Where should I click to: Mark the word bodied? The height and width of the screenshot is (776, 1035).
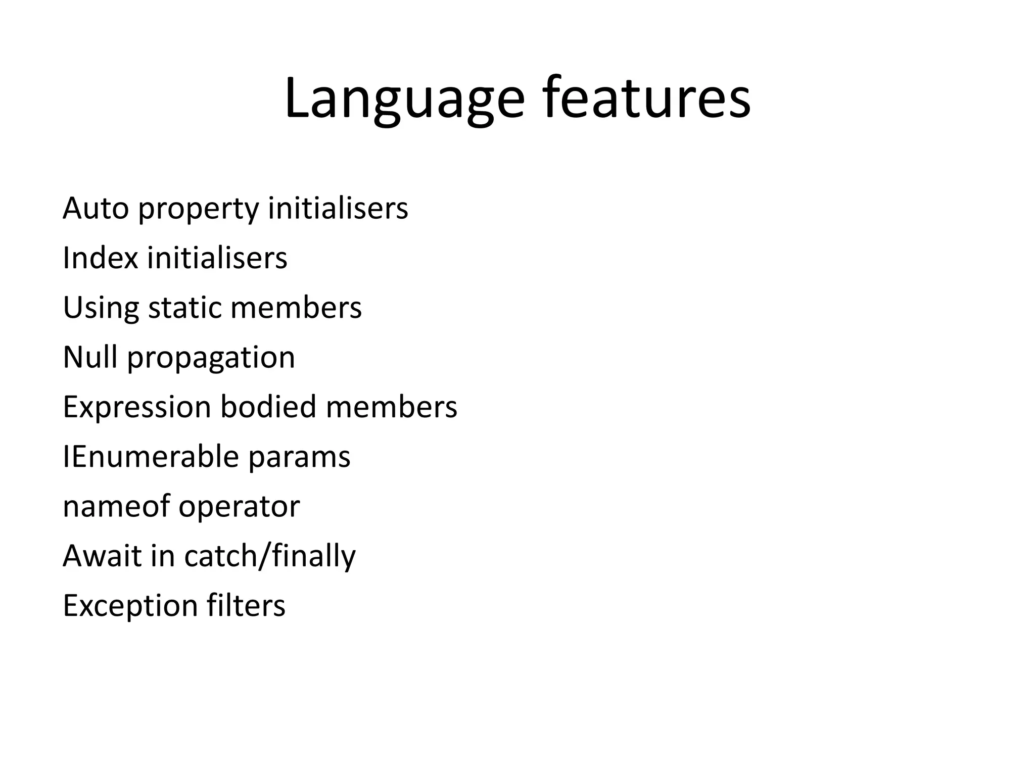coord(268,406)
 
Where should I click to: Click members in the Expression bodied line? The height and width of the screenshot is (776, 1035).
coord(391,406)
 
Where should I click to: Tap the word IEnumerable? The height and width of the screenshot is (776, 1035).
coord(151,456)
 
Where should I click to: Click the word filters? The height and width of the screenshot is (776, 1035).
coord(246,605)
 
